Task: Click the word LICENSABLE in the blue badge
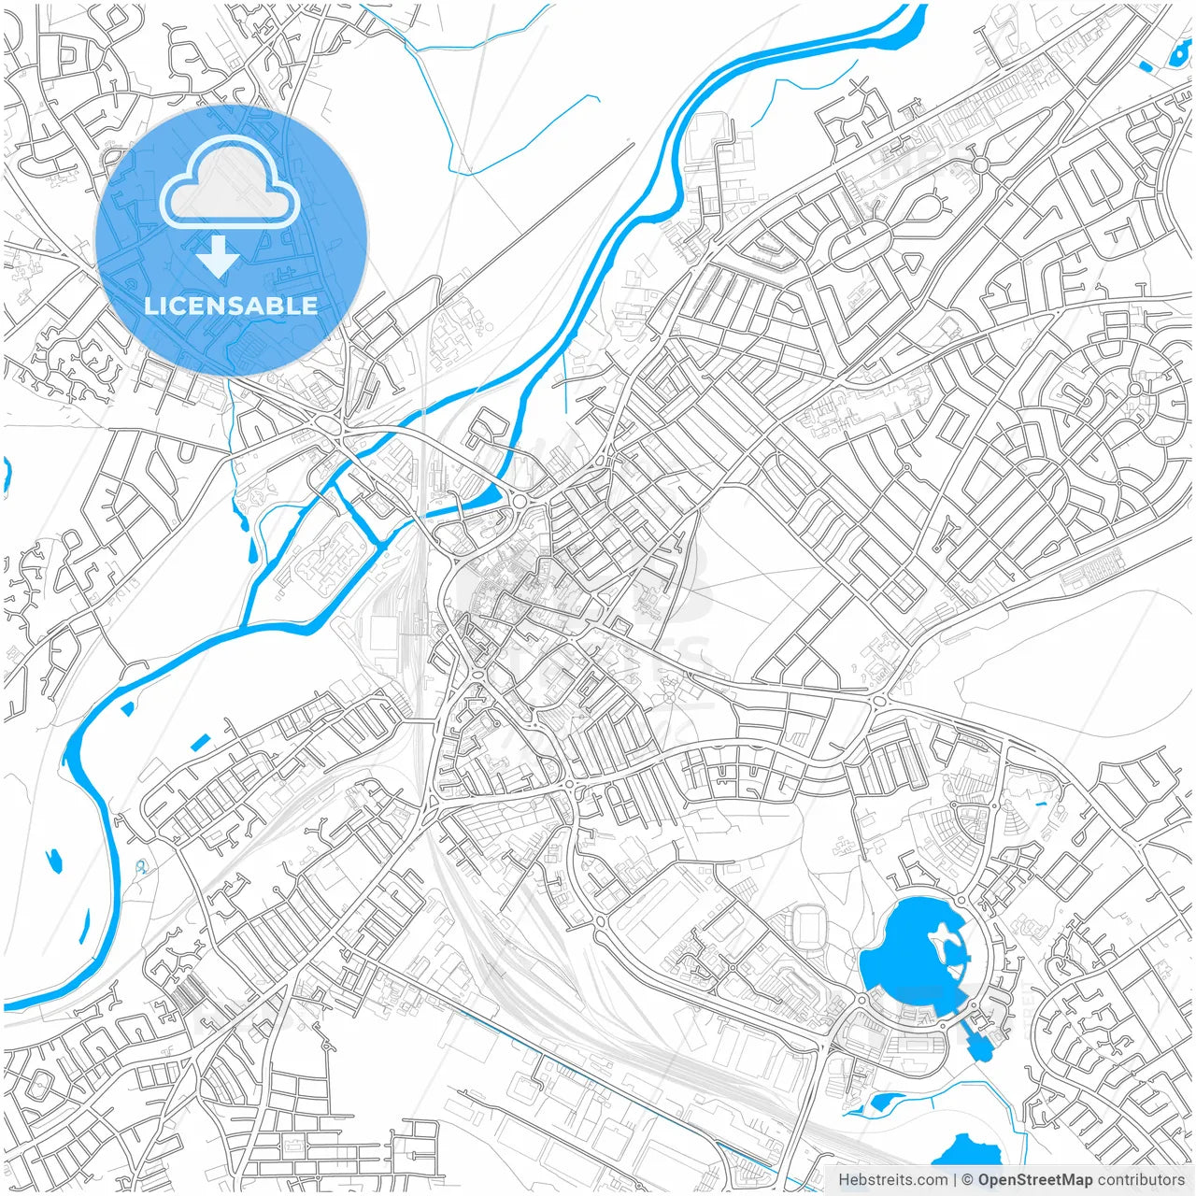[x=231, y=306]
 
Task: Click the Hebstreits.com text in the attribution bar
[x=892, y=1180]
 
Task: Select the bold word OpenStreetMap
[x=1035, y=1180]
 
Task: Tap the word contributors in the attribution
[x=1141, y=1180]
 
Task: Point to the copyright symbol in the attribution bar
[x=968, y=1180]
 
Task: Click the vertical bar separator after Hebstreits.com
[x=955, y=1180]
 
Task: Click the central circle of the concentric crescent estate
[x=1134, y=389]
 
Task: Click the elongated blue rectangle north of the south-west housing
[x=200, y=743]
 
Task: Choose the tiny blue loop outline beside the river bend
[x=141, y=867]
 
